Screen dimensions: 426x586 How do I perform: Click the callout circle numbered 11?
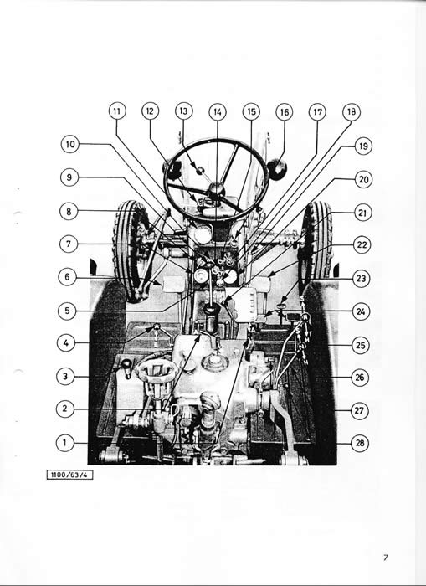[x=117, y=111]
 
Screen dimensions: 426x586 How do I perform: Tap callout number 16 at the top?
[x=285, y=112]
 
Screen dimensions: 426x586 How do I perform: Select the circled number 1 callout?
[x=64, y=443]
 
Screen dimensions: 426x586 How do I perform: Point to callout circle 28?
[x=360, y=443]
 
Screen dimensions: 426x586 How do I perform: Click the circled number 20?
[x=363, y=180]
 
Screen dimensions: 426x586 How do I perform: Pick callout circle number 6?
[x=67, y=277]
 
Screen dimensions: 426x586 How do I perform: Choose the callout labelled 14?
[x=218, y=111]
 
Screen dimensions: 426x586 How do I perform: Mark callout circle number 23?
[x=361, y=279]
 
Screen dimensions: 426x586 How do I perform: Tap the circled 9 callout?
[x=69, y=177]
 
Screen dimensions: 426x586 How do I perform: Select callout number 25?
[x=360, y=345]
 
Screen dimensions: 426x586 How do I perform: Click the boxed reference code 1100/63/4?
[x=69, y=475]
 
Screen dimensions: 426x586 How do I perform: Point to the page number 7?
[x=386, y=558]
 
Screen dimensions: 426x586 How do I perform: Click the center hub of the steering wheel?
[x=216, y=188]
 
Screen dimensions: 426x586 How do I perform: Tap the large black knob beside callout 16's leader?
[x=277, y=169]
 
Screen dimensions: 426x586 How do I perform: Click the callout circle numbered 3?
[x=65, y=377]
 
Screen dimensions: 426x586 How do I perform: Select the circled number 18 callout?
[x=352, y=111]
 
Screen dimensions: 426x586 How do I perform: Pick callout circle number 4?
[x=66, y=342]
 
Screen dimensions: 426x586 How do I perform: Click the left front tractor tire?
[x=129, y=251]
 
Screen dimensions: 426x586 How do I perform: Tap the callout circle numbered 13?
[x=184, y=111]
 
